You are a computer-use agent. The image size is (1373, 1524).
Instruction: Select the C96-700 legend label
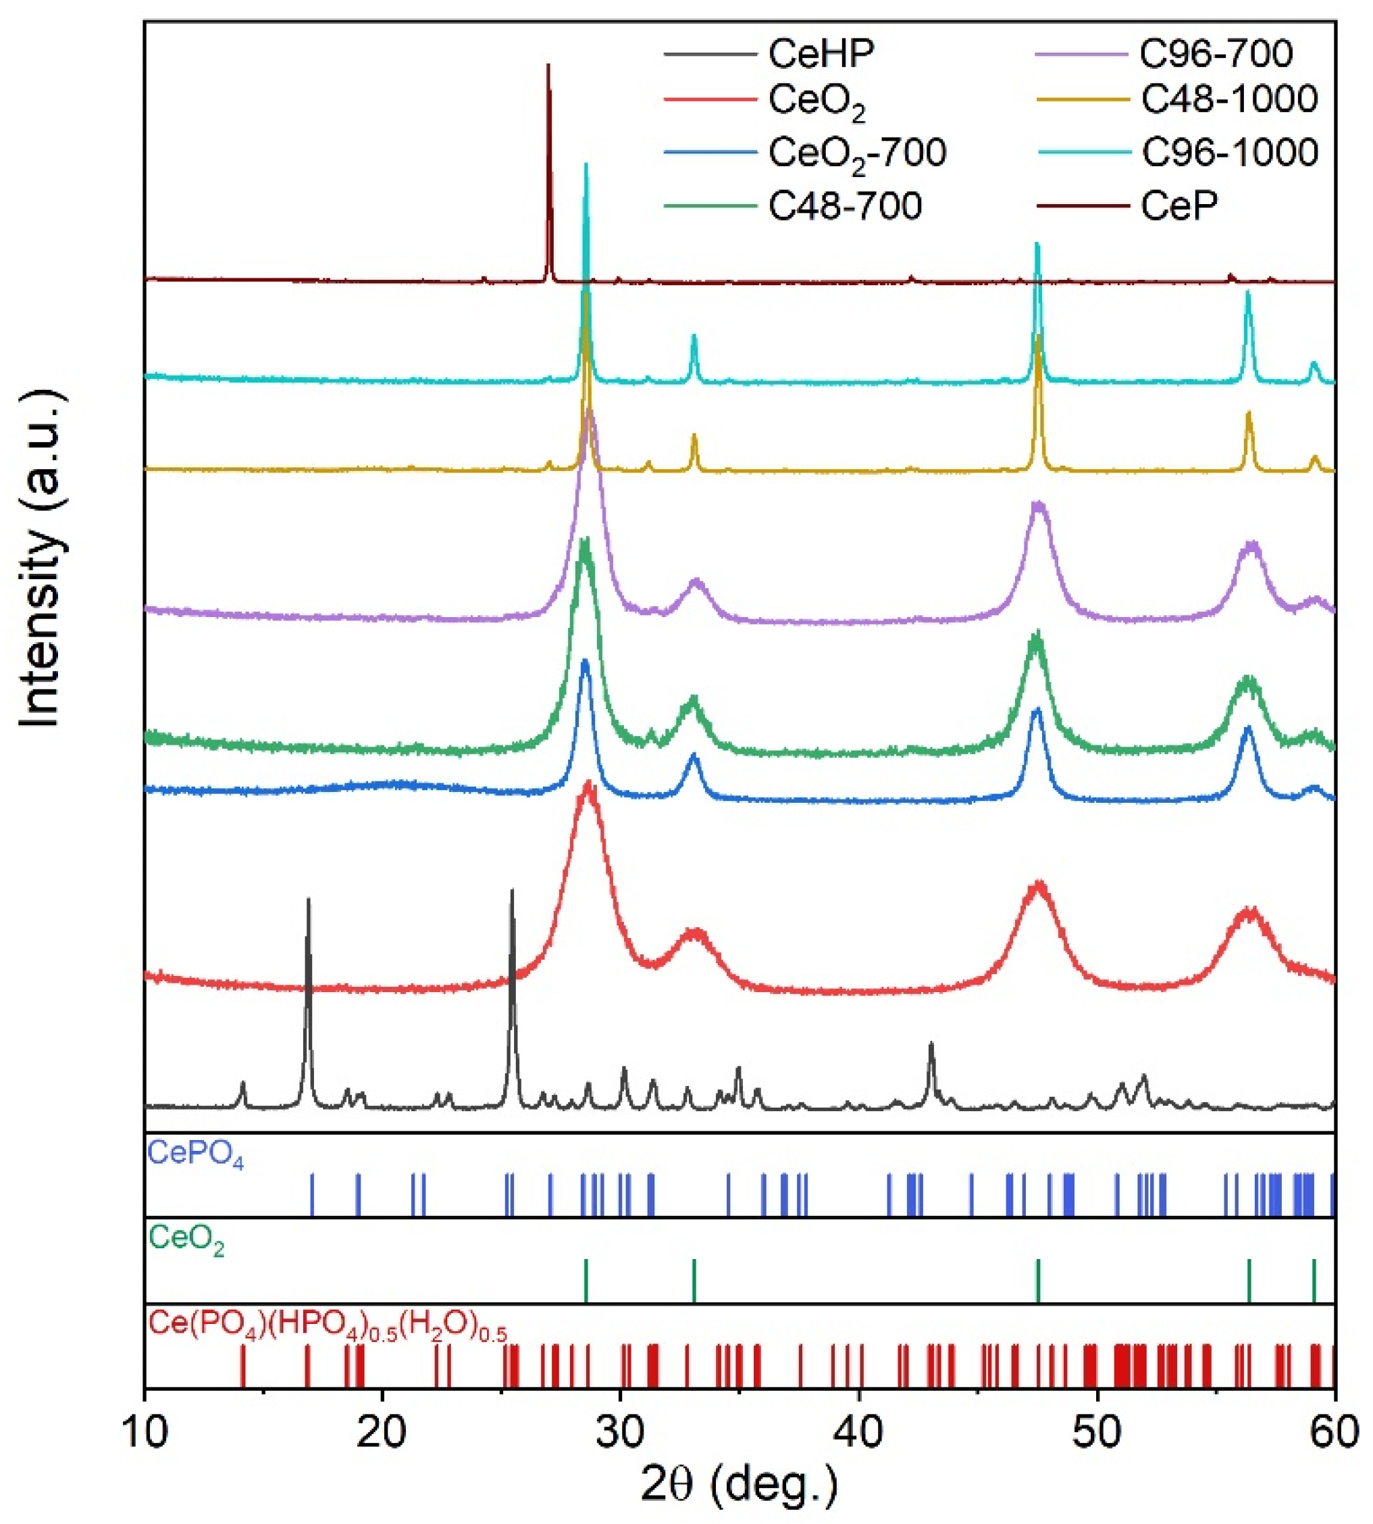tap(1216, 53)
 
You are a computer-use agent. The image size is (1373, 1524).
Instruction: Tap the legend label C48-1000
tap(1230, 99)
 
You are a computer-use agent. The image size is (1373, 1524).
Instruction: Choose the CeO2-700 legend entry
tap(857, 153)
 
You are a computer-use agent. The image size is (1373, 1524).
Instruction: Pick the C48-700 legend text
tap(845, 205)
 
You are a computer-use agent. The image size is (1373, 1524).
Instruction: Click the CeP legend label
tap(1179, 205)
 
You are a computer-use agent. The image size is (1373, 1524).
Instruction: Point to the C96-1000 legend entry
tap(1230, 153)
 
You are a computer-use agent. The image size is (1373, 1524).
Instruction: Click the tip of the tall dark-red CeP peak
tap(548, 66)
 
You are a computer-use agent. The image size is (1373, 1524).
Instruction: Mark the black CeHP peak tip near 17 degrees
tap(308, 900)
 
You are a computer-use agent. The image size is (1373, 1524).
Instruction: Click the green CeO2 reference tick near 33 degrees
tap(694, 1281)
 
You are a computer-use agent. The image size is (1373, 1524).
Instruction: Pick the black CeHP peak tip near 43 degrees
tap(931, 1044)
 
